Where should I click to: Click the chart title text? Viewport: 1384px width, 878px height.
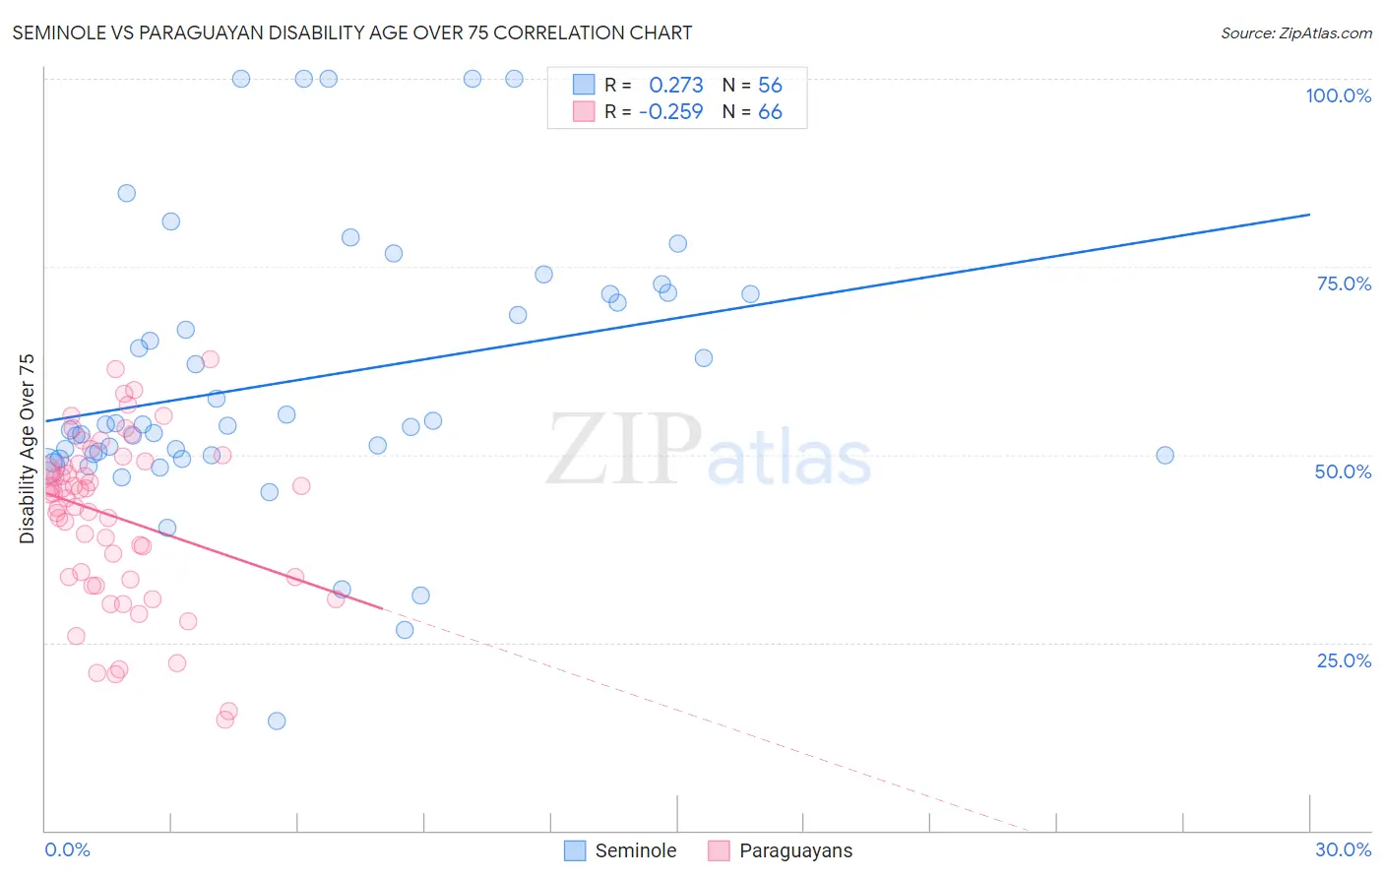(x=351, y=32)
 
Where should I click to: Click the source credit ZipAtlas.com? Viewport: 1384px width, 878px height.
(x=1295, y=32)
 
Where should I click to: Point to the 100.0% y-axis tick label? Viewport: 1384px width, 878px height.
(x=1338, y=95)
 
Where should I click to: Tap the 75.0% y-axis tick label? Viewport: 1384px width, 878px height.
(x=1344, y=283)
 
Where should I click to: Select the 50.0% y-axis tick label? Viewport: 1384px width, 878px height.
(x=1343, y=471)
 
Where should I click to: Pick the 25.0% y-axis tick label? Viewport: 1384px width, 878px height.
(x=1344, y=659)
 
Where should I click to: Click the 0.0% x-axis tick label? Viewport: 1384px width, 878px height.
(x=67, y=849)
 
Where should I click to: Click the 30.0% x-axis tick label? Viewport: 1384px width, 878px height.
(x=1343, y=849)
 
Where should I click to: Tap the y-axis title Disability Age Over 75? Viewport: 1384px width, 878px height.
(x=27, y=449)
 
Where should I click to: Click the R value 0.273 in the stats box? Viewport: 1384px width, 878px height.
(x=675, y=85)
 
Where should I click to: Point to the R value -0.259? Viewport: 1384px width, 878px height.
(x=670, y=111)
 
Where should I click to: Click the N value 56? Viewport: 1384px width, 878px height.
(x=770, y=85)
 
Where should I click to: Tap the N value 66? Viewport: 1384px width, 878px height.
(x=770, y=111)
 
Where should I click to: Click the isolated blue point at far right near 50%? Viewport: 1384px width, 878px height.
(x=1164, y=455)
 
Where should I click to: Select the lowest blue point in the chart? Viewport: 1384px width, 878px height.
(x=277, y=721)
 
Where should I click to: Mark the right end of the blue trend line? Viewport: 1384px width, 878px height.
(x=1309, y=215)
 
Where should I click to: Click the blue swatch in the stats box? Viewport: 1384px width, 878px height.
(x=584, y=85)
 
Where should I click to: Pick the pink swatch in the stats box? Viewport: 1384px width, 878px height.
(x=584, y=111)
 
